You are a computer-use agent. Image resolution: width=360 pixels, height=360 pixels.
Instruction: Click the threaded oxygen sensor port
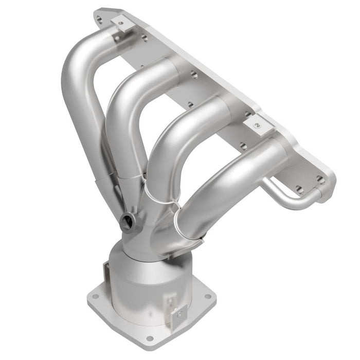tap(127, 222)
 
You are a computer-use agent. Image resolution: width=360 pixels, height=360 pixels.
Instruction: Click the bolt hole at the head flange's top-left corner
tap(99, 19)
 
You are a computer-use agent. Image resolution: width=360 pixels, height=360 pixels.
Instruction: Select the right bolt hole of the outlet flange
tap(207, 297)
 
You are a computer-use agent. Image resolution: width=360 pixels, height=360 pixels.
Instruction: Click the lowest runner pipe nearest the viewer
tap(226, 185)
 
